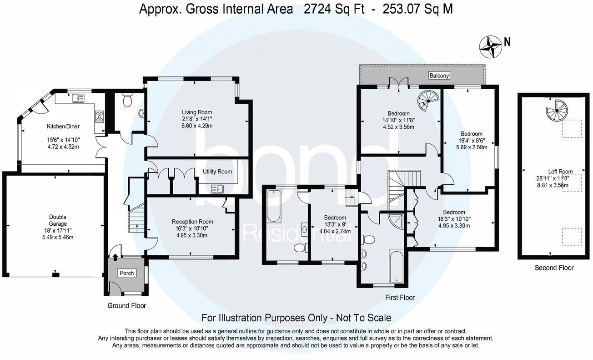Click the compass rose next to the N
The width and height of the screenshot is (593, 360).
point(491,51)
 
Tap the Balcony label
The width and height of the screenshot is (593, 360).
point(439,76)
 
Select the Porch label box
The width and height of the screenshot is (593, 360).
point(126,273)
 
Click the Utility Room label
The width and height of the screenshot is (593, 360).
point(217,172)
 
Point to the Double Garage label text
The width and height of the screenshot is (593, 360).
point(58,220)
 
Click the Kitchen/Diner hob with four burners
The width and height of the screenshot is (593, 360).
point(100,117)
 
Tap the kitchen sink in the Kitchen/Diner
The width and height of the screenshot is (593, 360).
point(78,98)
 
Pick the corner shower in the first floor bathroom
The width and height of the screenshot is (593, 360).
point(396,222)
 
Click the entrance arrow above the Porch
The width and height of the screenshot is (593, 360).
point(115,257)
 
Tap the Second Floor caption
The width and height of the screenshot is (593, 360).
point(554,268)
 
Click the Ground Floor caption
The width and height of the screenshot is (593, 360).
point(126,305)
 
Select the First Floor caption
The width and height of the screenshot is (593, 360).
point(400,298)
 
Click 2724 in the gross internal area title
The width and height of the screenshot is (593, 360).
point(317,9)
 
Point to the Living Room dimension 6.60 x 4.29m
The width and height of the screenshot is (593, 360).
point(197,126)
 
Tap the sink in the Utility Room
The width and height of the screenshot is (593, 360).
point(217,189)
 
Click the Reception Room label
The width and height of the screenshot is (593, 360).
point(192,222)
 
